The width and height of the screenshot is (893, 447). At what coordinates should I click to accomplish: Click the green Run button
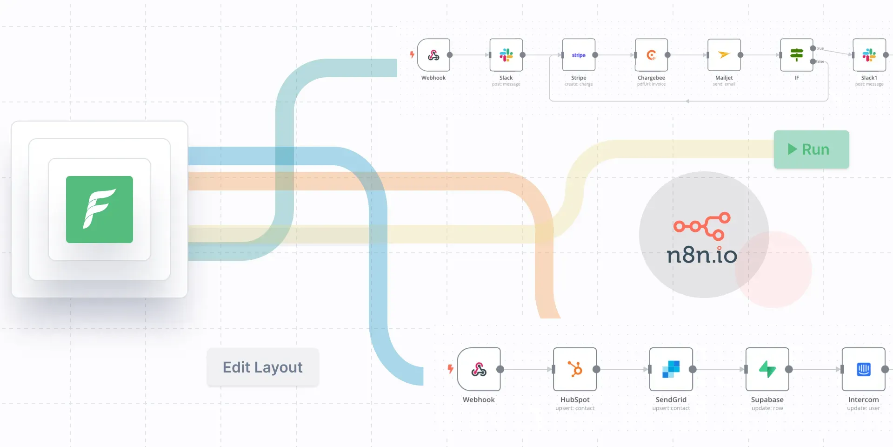point(811,149)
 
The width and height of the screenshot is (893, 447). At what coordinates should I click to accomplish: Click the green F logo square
point(100,210)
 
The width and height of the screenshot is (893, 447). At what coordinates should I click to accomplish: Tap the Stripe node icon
point(579,55)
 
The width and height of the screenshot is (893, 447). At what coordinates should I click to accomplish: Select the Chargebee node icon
point(651,55)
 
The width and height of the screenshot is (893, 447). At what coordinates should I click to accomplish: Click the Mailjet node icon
point(724,55)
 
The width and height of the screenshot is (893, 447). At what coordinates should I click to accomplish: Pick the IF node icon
point(796,55)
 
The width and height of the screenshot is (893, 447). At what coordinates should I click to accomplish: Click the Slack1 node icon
point(869,55)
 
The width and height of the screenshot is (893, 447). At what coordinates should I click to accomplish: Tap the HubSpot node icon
point(575,369)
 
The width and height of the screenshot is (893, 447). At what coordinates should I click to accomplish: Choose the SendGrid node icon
point(671,369)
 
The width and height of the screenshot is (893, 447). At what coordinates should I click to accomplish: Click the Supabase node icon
point(767,369)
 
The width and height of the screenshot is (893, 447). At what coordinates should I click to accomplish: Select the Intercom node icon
point(863,369)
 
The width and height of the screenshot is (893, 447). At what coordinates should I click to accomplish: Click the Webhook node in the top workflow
point(433,55)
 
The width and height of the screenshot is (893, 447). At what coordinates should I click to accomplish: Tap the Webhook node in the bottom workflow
point(479,369)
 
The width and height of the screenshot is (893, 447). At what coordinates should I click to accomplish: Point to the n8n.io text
point(702,255)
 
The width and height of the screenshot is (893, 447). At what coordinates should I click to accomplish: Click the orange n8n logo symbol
point(702,226)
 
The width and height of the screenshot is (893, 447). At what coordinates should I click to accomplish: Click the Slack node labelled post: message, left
point(506,55)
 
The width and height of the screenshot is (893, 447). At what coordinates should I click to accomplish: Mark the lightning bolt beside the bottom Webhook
point(450,369)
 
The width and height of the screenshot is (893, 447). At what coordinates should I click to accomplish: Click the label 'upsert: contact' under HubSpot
point(575,408)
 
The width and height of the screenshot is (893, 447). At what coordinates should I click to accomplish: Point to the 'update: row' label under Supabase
point(767,408)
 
